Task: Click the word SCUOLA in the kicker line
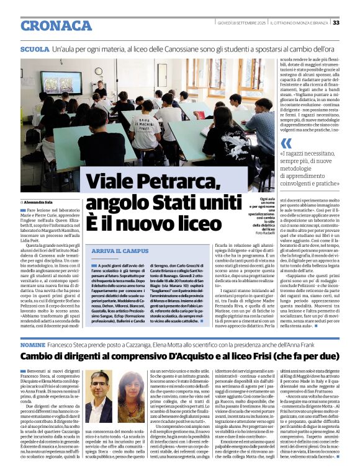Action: click(x=35, y=48)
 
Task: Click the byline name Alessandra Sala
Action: click(x=40, y=203)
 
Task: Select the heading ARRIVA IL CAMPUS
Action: click(x=115, y=251)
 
